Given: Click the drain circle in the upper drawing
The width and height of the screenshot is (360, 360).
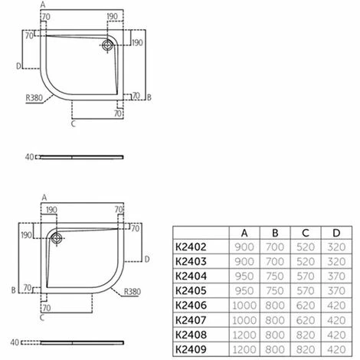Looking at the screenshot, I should pos(106,44).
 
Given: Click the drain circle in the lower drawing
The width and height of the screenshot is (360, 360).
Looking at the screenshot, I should pos(56,237).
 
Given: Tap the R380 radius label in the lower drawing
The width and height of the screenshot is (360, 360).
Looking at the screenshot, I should pos(132,292).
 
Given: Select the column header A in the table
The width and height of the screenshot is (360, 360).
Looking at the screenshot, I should pos(244,233).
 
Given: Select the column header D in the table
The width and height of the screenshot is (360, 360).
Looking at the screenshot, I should pos(335,233).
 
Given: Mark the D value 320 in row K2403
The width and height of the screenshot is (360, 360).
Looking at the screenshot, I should pos(335,261).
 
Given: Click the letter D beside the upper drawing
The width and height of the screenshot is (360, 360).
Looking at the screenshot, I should pos(18,66).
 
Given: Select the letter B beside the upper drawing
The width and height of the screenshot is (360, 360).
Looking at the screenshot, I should pos(149,98).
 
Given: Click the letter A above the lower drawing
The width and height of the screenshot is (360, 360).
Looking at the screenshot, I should pos(44,197).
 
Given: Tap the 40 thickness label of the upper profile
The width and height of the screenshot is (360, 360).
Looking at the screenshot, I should pos(29,157).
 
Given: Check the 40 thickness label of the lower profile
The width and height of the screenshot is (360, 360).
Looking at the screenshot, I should pos(29,342).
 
